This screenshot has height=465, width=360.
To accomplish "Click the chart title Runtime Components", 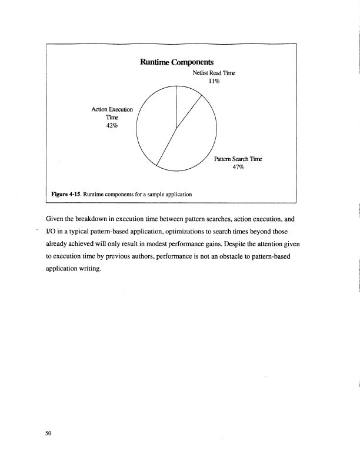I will [x=176, y=61].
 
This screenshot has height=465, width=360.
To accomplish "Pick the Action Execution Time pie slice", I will [x=154, y=126].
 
